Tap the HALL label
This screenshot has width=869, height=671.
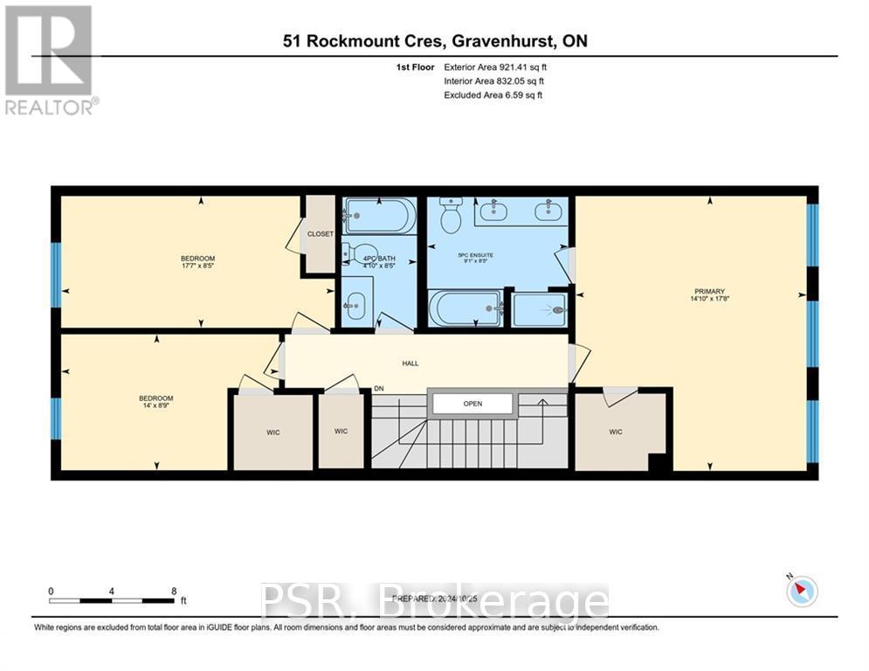point(410,363)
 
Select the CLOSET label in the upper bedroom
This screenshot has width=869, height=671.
point(320,234)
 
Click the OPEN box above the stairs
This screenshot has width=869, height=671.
point(473,404)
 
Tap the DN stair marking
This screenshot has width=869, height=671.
point(379,389)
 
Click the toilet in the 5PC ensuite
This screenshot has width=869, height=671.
point(451,216)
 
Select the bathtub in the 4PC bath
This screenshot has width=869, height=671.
point(379,216)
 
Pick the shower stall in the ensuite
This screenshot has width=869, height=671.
point(540,308)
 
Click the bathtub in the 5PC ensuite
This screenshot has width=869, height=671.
point(466,308)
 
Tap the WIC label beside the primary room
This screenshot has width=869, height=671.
point(616,432)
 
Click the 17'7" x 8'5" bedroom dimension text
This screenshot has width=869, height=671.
point(197,266)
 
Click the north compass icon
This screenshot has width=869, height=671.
point(801,591)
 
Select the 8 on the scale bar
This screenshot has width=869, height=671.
point(174,591)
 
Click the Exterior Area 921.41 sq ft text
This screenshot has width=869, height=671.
point(495,66)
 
